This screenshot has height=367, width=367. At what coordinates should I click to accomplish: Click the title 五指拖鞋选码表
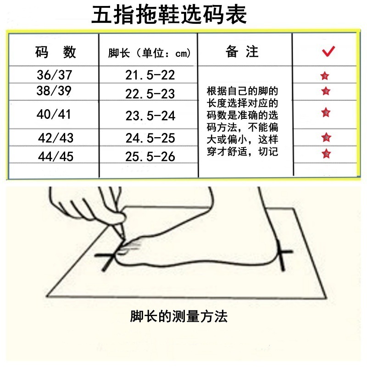[170, 16]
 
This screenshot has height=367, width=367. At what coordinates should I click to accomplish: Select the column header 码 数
[55, 52]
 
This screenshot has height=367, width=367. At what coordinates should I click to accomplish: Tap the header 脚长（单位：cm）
[149, 53]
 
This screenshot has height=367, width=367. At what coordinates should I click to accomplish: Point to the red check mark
[328, 51]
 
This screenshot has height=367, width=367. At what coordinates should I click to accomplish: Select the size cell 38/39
[54, 91]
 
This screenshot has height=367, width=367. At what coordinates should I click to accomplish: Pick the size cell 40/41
[54, 114]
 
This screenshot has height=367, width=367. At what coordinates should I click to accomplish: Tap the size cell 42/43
[55, 137]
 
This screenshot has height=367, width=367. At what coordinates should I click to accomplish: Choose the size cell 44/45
[55, 156]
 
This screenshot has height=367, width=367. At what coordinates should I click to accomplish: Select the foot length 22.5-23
[150, 94]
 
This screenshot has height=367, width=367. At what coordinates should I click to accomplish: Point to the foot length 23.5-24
[150, 116]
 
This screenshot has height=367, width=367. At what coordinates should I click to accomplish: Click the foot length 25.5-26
[150, 156]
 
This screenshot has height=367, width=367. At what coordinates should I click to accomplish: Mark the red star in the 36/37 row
[325, 76]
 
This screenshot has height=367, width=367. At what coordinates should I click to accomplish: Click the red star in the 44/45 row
[326, 153]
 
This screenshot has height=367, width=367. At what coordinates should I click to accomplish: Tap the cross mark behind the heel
[283, 254]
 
